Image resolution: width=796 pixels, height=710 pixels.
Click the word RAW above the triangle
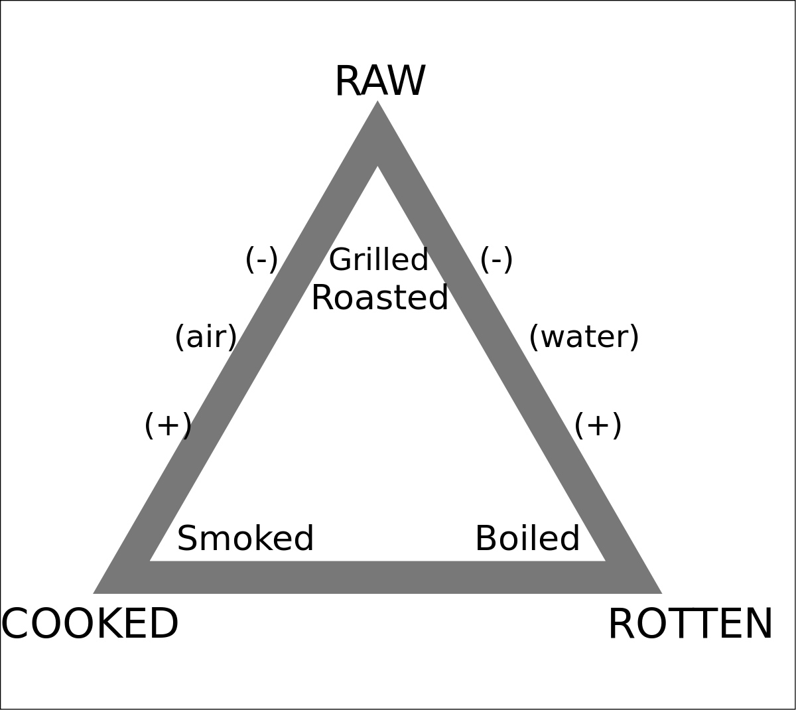click(x=379, y=82)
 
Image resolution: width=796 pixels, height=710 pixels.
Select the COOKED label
click(x=90, y=624)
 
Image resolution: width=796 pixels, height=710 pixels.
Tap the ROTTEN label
click(x=690, y=624)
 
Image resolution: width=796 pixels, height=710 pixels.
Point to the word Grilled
click(x=379, y=259)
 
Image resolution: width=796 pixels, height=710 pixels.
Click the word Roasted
click(x=379, y=298)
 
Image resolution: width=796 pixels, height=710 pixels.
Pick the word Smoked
click(x=245, y=538)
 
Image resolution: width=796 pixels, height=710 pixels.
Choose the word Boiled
click(x=527, y=538)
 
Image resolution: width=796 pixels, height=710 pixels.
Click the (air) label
click(x=206, y=337)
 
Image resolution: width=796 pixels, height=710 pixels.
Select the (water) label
click(x=584, y=337)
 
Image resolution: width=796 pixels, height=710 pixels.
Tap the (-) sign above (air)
click(x=261, y=259)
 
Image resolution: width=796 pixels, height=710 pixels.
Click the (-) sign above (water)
click(x=496, y=259)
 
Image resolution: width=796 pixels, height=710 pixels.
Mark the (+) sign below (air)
click(x=168, y=425)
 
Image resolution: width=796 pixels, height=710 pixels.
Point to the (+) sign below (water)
click(x=598, y=425)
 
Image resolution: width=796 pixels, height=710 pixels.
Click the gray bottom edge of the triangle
click(x=377, y=577)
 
